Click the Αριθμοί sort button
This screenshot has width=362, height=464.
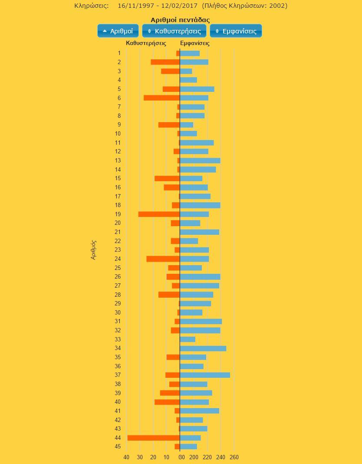click(118, 31)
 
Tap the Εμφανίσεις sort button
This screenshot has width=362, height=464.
click(236, 31)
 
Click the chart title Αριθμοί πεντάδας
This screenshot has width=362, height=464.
click(180, 20)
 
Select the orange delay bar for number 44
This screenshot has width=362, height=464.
click(154, 438)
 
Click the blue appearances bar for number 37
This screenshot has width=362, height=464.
click(205, 375)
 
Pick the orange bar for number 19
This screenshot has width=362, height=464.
click(159, 214)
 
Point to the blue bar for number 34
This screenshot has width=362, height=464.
click(203, 348)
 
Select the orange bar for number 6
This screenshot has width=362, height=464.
click(161, 98)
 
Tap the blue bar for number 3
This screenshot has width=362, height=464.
click(186, 71)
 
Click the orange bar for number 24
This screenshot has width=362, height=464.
click(163, 259)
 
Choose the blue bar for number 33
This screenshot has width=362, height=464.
click(188, 340)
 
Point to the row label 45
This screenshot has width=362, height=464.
click(118, 447)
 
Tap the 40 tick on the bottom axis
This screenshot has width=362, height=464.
click(126, 458)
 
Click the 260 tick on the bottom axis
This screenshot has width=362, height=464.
click(234, 458)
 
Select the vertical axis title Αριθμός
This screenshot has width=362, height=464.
click(93, 250)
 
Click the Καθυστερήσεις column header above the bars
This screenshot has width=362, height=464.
click(146, 43)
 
